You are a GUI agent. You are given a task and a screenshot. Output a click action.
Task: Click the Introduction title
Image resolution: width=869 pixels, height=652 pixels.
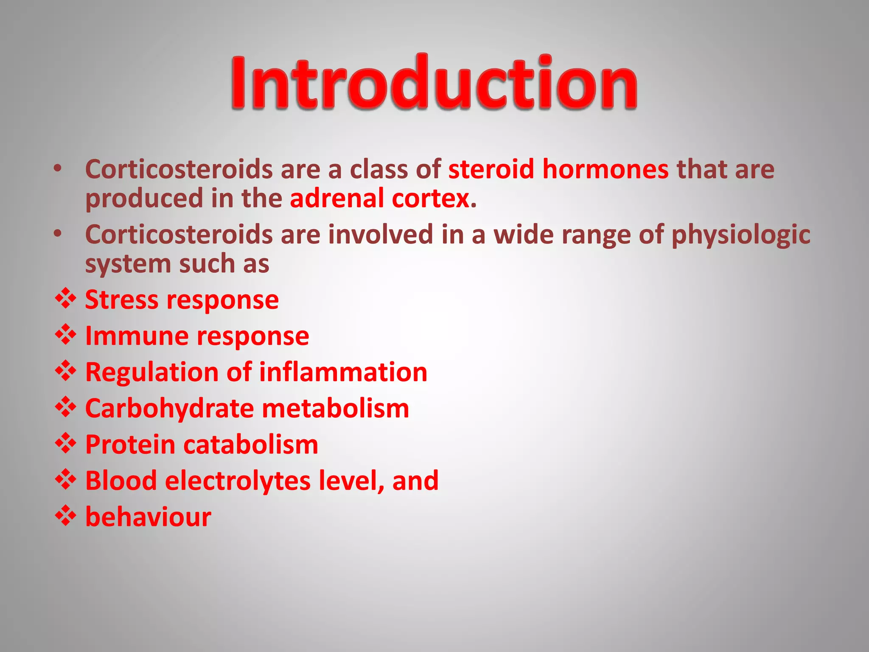point(434,82)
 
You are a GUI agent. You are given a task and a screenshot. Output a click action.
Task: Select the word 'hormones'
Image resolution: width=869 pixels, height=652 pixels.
point(605,170)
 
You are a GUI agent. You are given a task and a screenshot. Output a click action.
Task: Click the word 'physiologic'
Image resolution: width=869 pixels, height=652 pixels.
point(740,236)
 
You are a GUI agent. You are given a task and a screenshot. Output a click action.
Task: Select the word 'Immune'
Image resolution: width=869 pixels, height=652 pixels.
point(137,336)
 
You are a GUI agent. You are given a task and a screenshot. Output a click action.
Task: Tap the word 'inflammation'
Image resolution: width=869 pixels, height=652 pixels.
point(343,372)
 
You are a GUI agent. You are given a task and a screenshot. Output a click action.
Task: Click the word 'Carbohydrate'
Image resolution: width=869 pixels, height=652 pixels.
point(169,408)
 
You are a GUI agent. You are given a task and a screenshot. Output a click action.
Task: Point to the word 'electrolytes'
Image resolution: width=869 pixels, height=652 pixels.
point(238,481)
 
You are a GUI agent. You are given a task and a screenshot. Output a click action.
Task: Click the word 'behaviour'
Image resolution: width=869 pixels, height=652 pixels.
point(148,517)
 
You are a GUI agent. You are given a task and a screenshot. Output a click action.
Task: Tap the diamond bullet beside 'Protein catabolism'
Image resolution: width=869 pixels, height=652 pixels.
point(65,443)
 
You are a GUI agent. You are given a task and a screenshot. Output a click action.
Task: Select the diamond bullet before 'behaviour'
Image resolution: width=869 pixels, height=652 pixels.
point(65,515)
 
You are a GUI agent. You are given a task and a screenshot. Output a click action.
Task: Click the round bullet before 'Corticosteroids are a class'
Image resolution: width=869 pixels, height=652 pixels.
point(58,169)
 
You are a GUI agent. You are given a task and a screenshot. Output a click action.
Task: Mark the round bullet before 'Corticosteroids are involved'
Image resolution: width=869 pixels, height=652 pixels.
point(58,234)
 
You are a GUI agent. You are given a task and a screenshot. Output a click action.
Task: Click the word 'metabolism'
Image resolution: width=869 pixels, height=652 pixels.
point(335,408)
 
